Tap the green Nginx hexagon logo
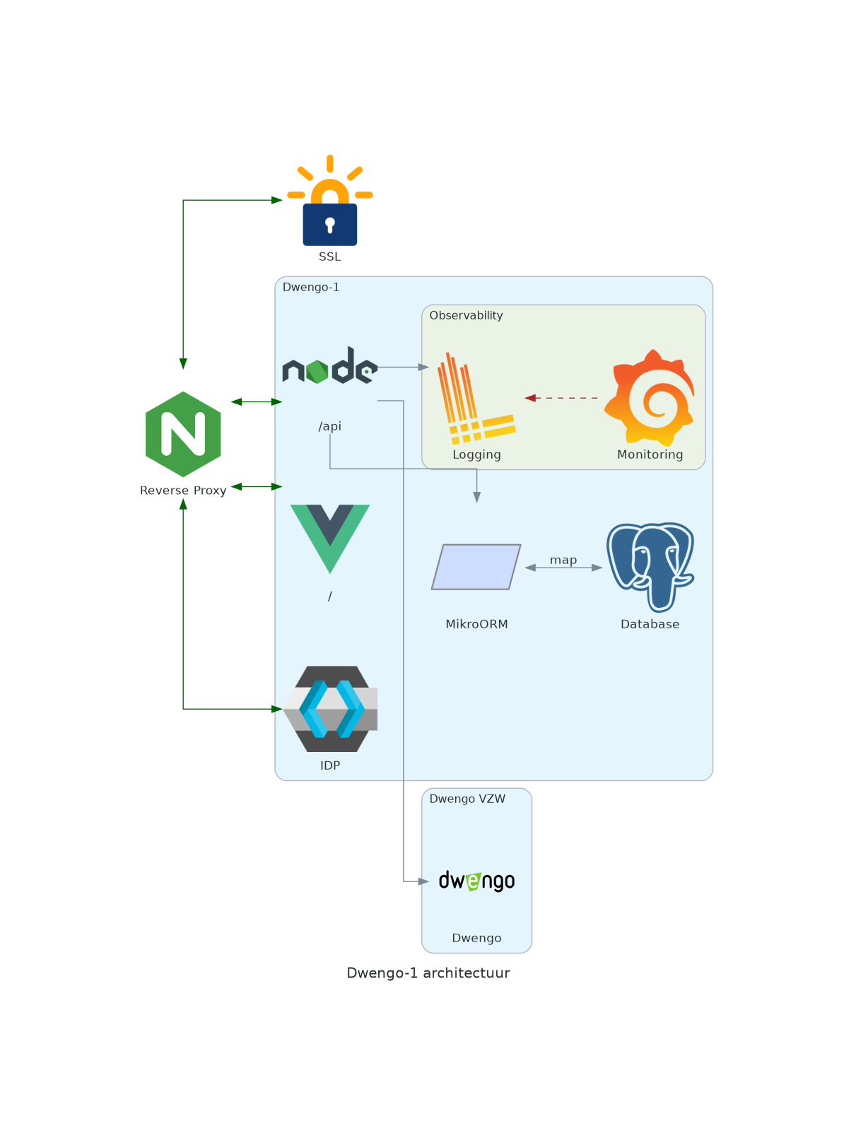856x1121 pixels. pyautogui.click(x=183, y=434)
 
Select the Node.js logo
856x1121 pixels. pyautogui.click(x=329, y=366)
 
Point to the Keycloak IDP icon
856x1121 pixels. pyautogui.click(x=330, y=708)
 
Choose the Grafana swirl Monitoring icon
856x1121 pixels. pyautogui.click(x=651, y=397)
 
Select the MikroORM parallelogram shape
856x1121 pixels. pyautogui.click(x=476, y=567)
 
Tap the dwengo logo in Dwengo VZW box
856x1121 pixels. pyautogui.click(x=476, y=881)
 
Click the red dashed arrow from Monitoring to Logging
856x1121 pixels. pyautogui.click(x=562, y=398)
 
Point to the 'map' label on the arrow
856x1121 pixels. pyautogui.click(x=563, y=560)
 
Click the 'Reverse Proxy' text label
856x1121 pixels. pyautogui.click(x=183, y=491)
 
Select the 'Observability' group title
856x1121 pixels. pyautogui.click(x=466, y=315)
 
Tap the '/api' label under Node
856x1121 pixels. pyautogui.click(x=329, y=426)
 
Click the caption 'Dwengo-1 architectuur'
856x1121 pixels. pyautogui.click(x=428, y=973)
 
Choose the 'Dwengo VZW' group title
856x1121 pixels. pyautogui.click(x=467, y=799)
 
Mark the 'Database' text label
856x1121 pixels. pyautogui.click(x=650, y=624)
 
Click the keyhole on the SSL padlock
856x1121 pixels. pyautogui.click(x=329, y=225)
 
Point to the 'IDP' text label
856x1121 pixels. pyautogui.click(x=330, y=765)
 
